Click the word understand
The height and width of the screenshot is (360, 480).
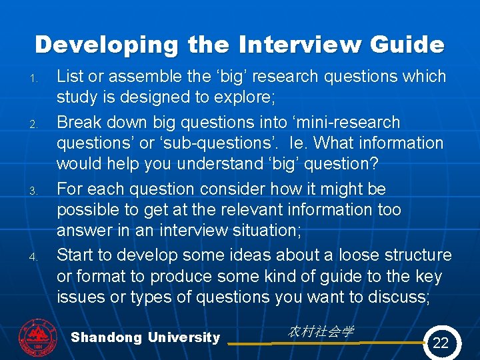pyautogui.click(x=203, y=163)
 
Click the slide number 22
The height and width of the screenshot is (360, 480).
pyautogui.click(x=441, y=343)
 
